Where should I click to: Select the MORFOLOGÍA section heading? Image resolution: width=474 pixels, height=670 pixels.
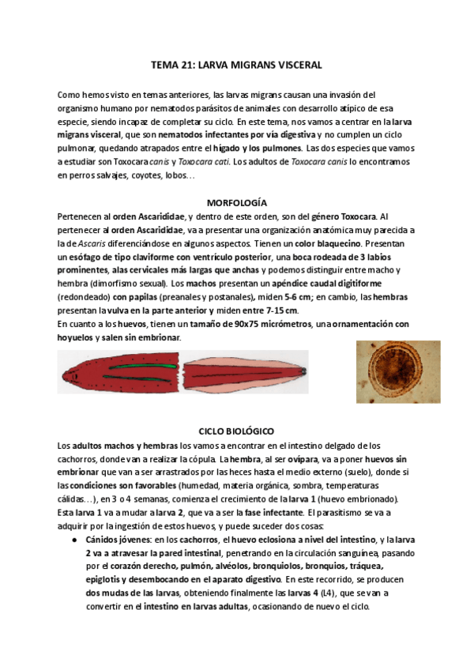pos(236,202)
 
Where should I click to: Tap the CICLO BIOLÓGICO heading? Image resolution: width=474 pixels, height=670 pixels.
pos(236,432)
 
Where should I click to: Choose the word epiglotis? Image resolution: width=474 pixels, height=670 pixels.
pos(105,580)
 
